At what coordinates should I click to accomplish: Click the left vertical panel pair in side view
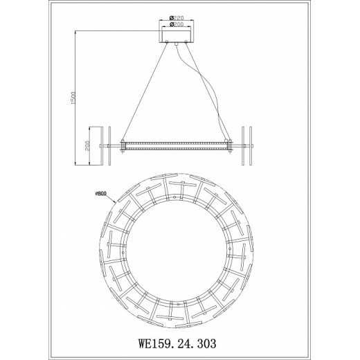point(109,145)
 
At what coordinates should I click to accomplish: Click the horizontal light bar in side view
point(179,145)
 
